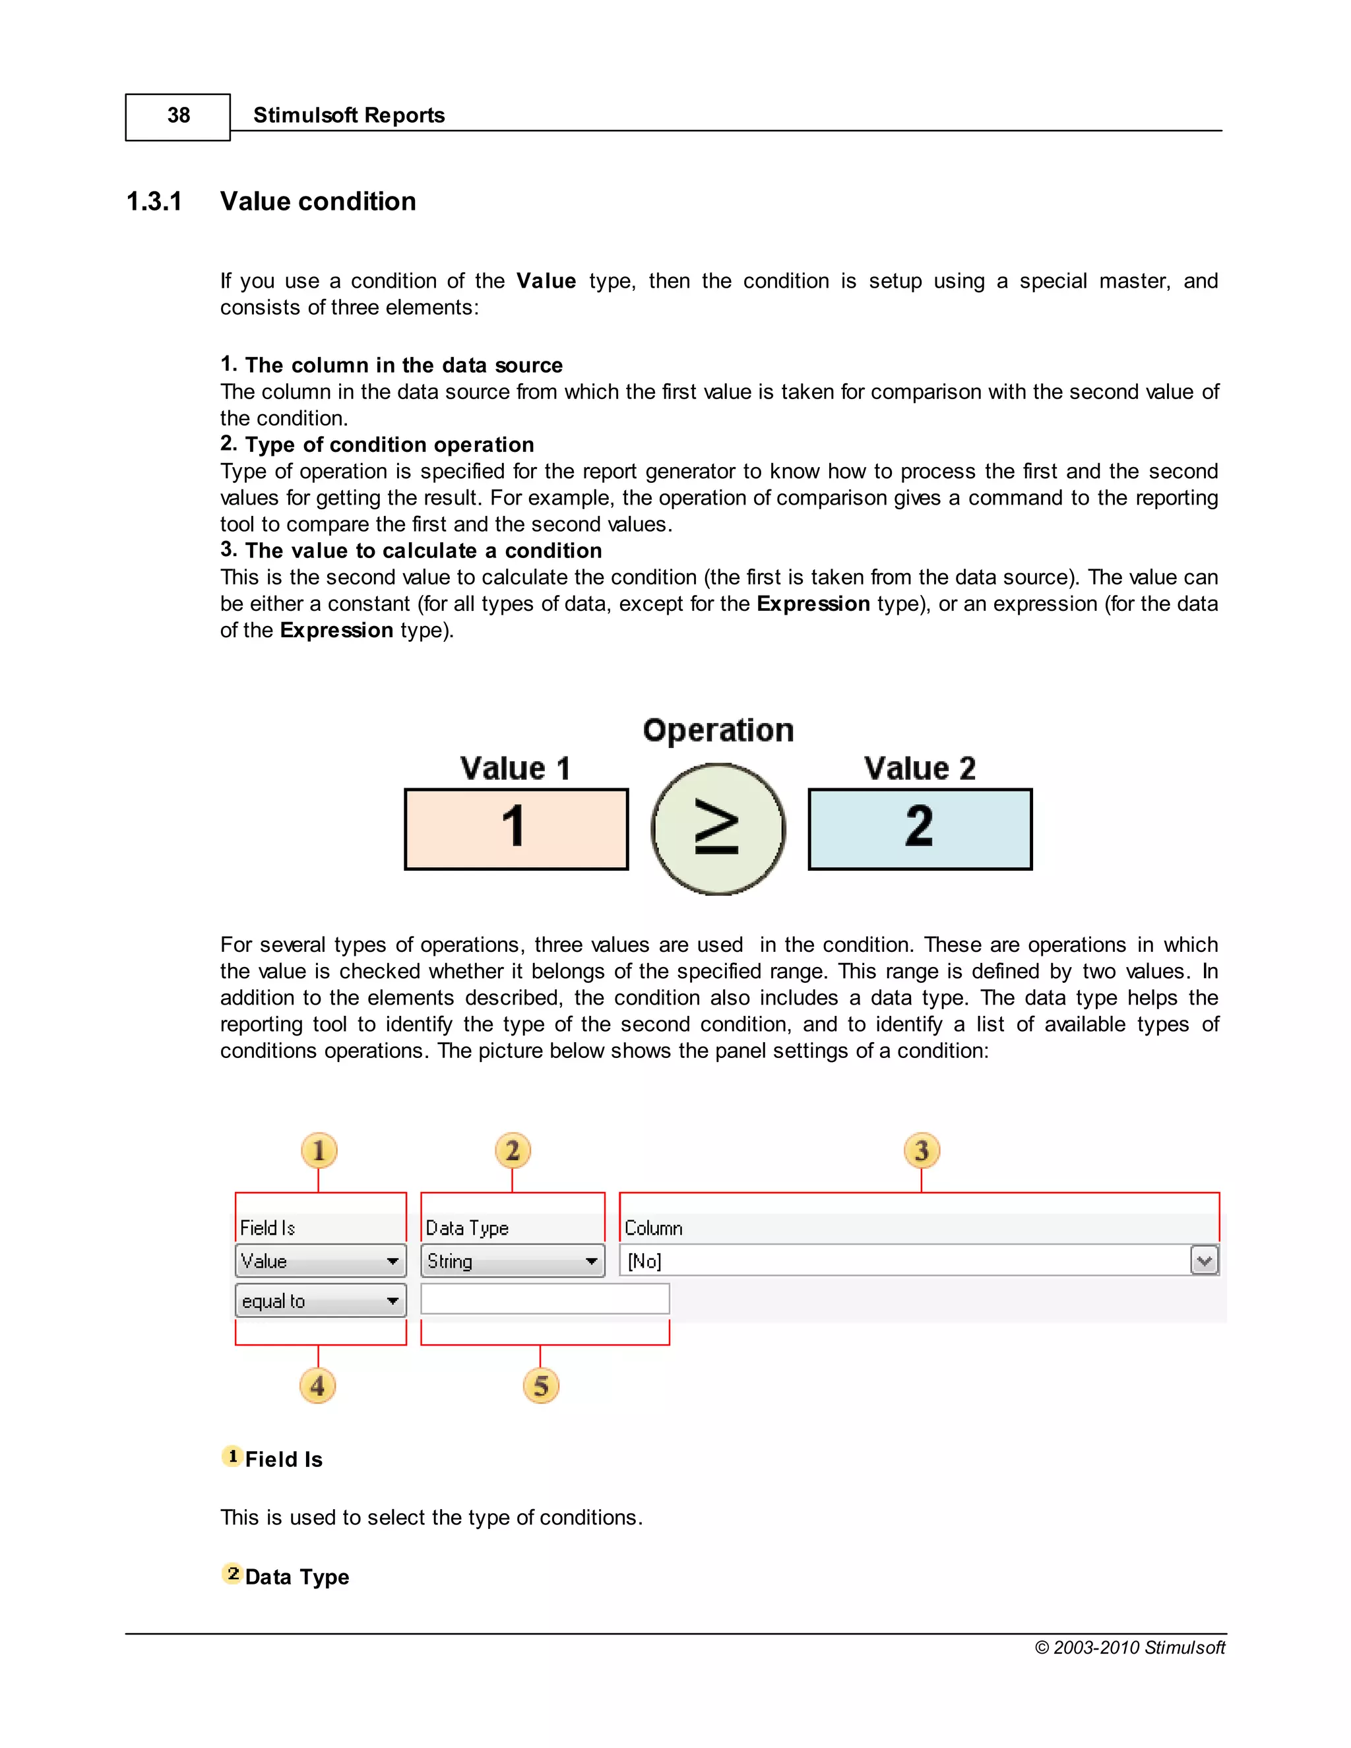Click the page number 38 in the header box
coord(177,116)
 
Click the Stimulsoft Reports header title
coord(348,115)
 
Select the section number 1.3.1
coord(154,201)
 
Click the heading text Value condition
coord(318,201)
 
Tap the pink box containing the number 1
coord(517,828)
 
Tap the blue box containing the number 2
coord(920,828)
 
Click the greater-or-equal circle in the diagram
coord(718,829)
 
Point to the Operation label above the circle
coord(718,730)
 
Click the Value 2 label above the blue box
coord(920,768)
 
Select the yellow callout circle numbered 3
coord(921,1151)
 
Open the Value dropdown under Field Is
coord(320,1261)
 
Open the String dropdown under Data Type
coord(512,1261)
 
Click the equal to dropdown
coord(320,1301)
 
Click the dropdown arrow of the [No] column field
coord(1204,1261)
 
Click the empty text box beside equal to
coord(545,1298)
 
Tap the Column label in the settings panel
coord(653,1228)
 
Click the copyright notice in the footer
coord(1129,1647)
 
